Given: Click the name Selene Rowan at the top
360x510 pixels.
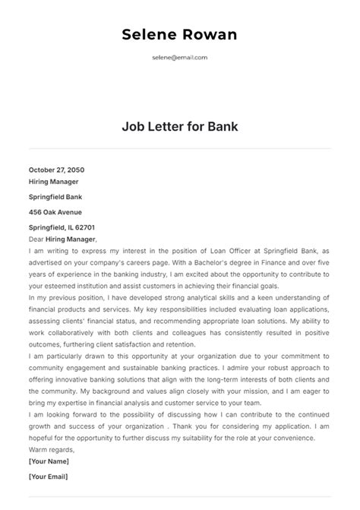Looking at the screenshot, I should coord(179,35).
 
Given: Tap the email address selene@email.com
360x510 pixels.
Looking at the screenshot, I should coord(180,57).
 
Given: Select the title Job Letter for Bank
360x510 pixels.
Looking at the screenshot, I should coord(180,126).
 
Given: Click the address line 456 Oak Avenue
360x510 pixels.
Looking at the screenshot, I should coord(55,212).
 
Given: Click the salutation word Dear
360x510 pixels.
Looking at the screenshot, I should coord(37,239).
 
